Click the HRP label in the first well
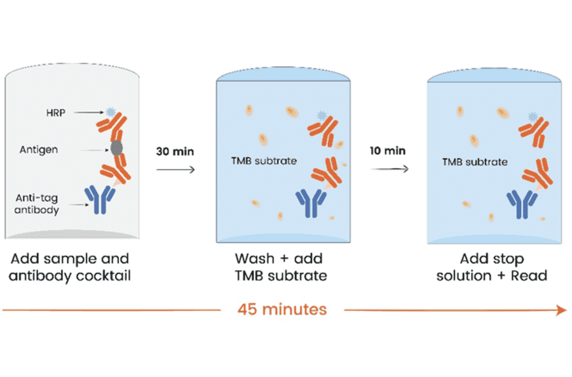[x=64, y=113]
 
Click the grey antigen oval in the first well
[x=117, y=148]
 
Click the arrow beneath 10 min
[x=388, y=169]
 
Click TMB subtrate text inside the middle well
[x=264, y=161]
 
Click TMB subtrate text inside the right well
[x=475, y=161]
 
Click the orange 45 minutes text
[x=282, y=310]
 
